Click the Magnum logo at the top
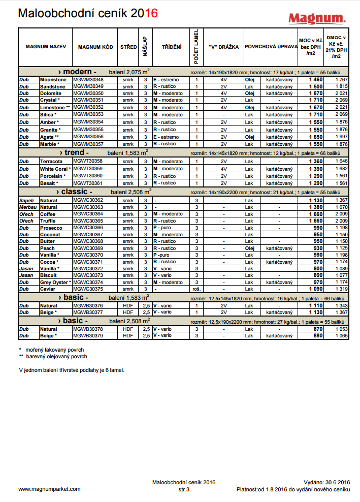pyautogui.click(x=317, y=18)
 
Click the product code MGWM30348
pyautogui.click(x=88, y=80)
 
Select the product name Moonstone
pyautogui.click(x=53, y=80)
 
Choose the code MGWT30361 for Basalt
pyautogui.click(x=88, y=183)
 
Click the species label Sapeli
pyautogui.click(x=27, y=201)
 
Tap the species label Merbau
pyautogui.click(x=28, y=207)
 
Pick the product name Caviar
pyautogui.click(x=49, y=289)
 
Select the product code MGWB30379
pyautogui.click(x=88, y=335)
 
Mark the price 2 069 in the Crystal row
pyautogui.click(x=341, y=101)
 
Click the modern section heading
pyautogui.click(x=77, y=71)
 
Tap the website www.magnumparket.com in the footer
pyautogui.click(x=49, y=489)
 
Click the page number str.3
pyautogui.click(x=184, y=489)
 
